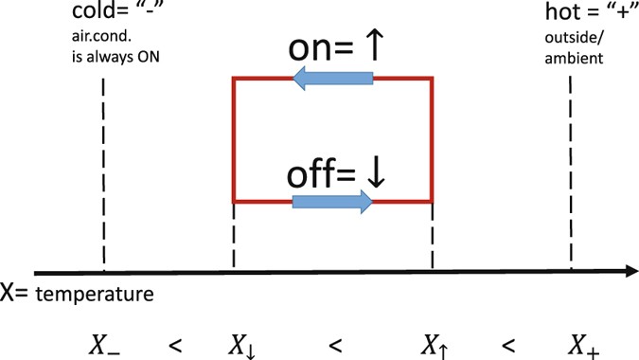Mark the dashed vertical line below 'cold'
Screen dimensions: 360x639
[102, 171]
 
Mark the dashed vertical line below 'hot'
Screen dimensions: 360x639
[571, 171]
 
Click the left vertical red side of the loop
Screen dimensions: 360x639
[234, 140]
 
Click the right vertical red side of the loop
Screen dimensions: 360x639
[433, 140]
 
